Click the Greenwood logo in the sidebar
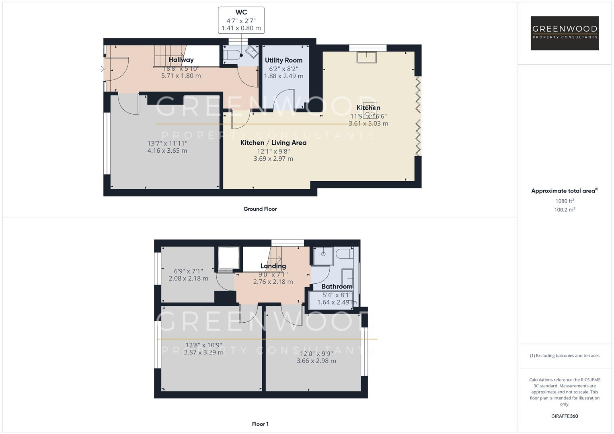[x=564, y=33]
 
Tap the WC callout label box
[x=241, y=20]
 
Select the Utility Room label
[x=283, y=60]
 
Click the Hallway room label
[x=181, y=60]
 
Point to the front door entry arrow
[x=101, y=69]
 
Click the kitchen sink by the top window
[x=366, y=57]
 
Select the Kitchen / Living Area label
[x=273, y=143]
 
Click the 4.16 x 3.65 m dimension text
[x=167, y=151]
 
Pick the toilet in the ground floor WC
[x=231, y=55]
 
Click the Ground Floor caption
[x=260, y=209]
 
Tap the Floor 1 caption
[x=260, y=424]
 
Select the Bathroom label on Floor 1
[x=337, y=287]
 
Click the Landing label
[x=273, y=266]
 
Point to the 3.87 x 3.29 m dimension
[x=203, y=352]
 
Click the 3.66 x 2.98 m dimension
[x=316, y=361]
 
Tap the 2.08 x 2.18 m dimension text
[x=188, y=278]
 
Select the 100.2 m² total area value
[x=564, y=209]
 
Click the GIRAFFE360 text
[x=564, y=416]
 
